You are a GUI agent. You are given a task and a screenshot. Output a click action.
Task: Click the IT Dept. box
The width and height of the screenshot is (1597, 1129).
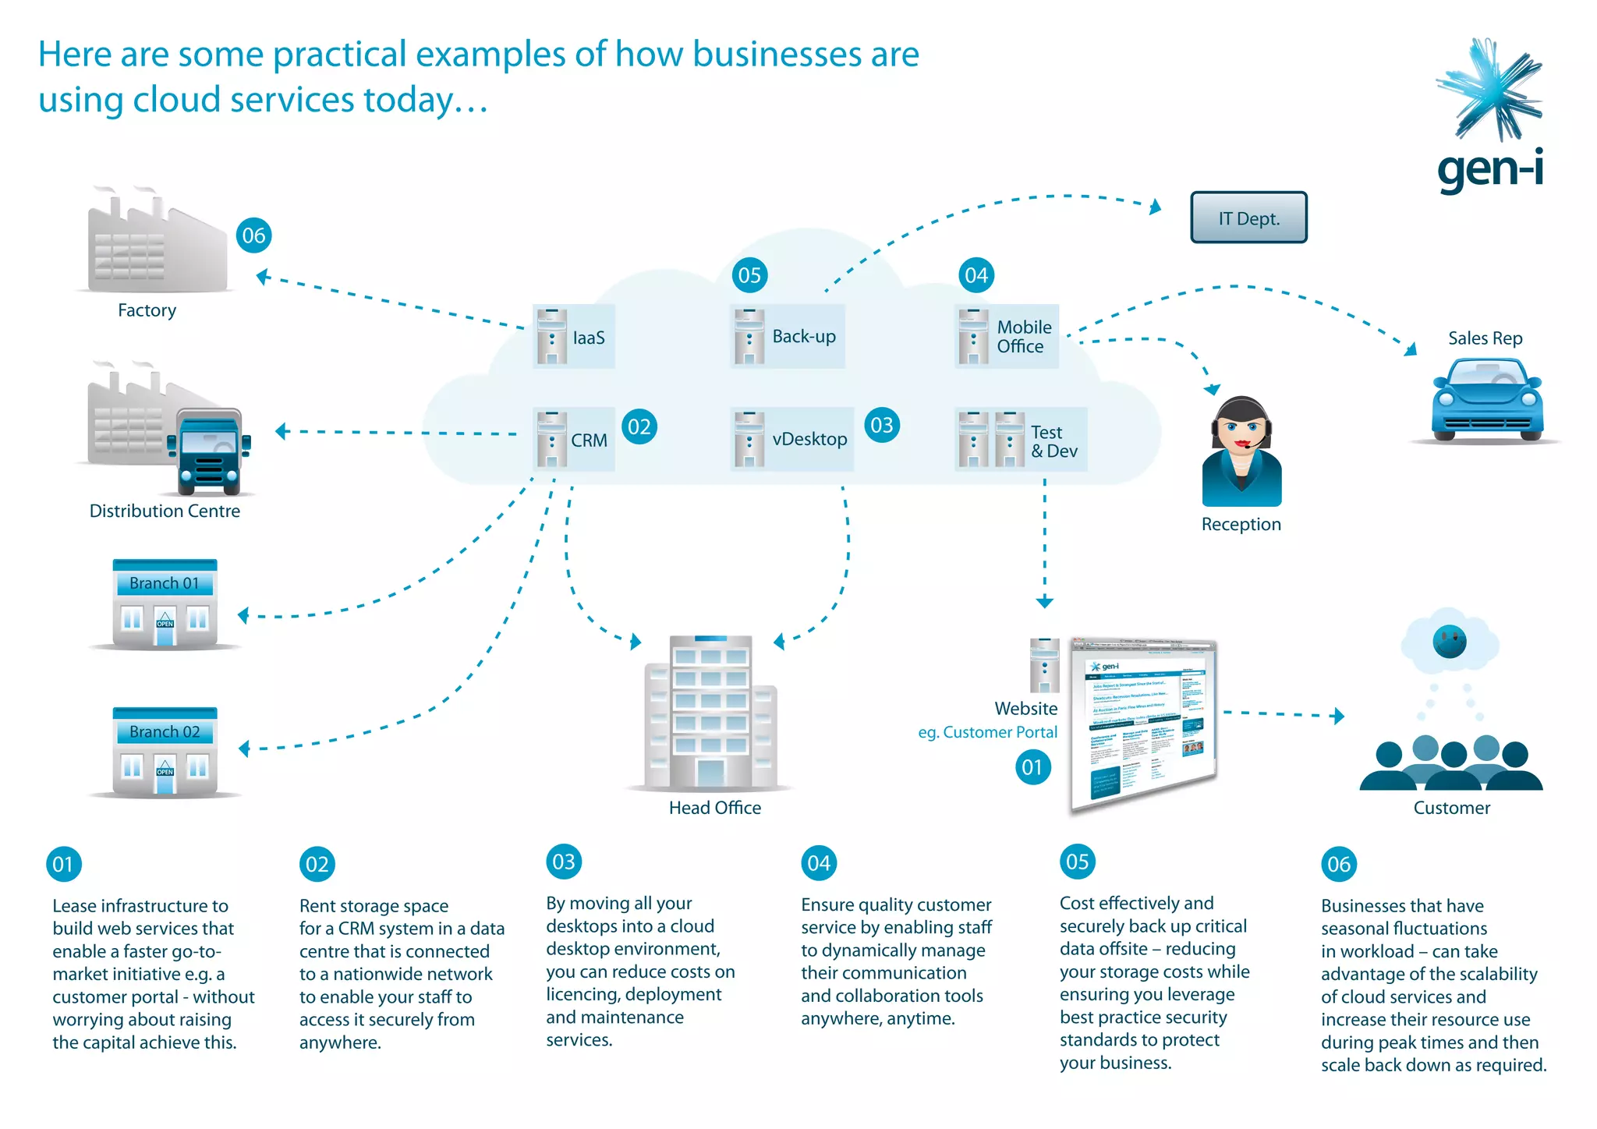(1248, 218)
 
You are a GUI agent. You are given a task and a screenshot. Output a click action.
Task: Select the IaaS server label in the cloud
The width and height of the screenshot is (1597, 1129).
(588, 338)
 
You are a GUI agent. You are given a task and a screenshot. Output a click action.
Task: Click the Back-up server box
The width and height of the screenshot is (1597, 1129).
(788, 336)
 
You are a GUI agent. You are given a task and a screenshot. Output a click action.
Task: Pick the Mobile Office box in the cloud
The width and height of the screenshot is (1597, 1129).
(1007, 336)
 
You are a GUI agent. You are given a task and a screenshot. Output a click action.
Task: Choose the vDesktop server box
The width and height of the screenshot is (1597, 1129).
(792, 439)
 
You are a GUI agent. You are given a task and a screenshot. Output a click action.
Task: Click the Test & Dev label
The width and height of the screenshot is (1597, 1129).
(1053, 441)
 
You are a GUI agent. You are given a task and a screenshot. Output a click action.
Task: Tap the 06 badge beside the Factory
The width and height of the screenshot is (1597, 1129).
(253, 235)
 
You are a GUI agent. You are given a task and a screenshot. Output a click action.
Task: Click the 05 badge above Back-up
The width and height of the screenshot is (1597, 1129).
(749, 275)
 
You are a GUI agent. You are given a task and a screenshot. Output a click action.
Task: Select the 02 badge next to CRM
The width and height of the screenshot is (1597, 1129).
(639, 426)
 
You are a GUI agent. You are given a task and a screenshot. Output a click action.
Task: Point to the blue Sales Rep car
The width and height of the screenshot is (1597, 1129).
(1486, 399)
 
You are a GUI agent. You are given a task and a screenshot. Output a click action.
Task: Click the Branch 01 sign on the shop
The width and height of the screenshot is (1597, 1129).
(165, 583)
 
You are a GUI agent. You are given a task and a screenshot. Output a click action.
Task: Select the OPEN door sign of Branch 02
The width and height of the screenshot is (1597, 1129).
(165, 771)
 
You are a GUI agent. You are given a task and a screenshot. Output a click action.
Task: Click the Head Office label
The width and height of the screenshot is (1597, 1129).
(714, 808)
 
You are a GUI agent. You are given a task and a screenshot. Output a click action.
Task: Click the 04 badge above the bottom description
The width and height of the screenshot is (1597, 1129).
(819, 863)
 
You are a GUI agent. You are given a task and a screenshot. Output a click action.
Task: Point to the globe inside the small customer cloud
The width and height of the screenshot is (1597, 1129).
(1449, 642)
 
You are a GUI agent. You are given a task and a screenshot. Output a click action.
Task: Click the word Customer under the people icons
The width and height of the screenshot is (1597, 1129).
(1451, 808)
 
